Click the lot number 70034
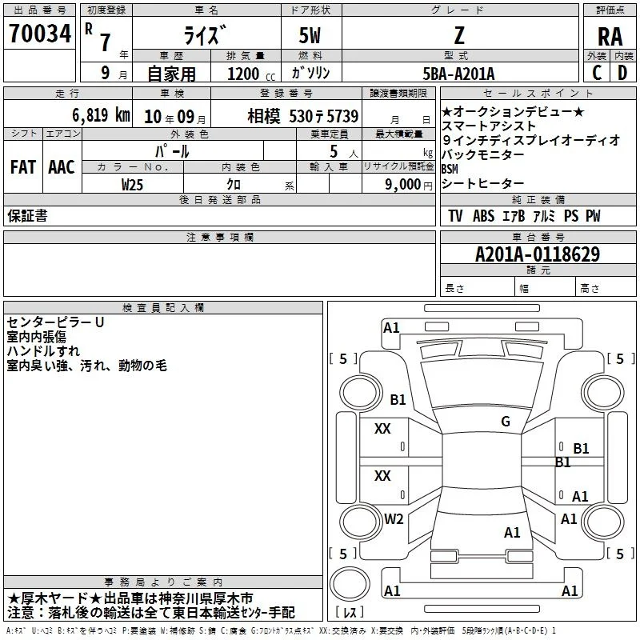point(40,34)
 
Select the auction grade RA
point(610,37)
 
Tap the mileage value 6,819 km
point(102,115)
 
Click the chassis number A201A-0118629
point(538,254)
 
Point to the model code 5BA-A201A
point(458,74)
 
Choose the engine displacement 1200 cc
point(251,74)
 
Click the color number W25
point(132,185)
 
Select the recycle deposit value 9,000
point(403,184)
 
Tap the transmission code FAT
point(23,167)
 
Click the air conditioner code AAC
point(62,167)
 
